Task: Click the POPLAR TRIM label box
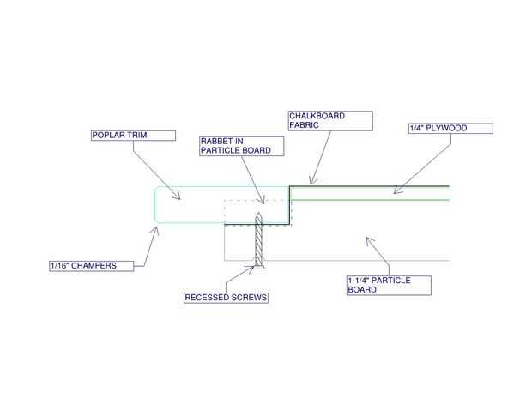[133, 135]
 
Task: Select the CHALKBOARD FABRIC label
[329, 120]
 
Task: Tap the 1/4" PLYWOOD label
[450, 129]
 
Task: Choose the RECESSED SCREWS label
[226, 298]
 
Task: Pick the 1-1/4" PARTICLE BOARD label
[388, 285]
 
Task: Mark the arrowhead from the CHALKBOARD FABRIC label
[312, 183]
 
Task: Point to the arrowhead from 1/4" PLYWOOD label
[396, 192]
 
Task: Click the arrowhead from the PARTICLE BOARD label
[368, 239]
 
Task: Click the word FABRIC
[305, 124]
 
